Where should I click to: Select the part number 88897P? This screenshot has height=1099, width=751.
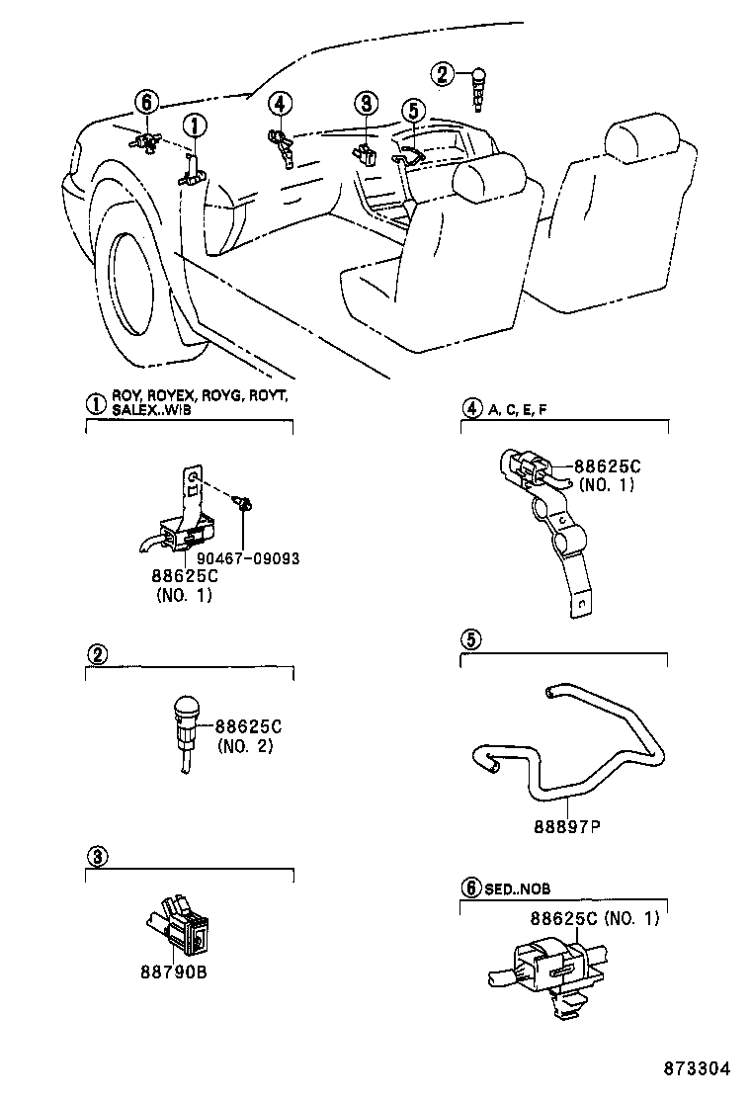(x=560, y=826)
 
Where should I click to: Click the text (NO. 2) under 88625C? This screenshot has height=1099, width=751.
(x=245, y=745)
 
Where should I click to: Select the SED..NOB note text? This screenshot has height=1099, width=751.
(x=518, y=889)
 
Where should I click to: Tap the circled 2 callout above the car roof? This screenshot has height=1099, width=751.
(x=444, y=73)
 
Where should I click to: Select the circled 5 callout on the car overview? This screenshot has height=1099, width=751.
(x=412, y=111)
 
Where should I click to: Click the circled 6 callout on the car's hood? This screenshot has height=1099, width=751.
(x=145, y=102)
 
